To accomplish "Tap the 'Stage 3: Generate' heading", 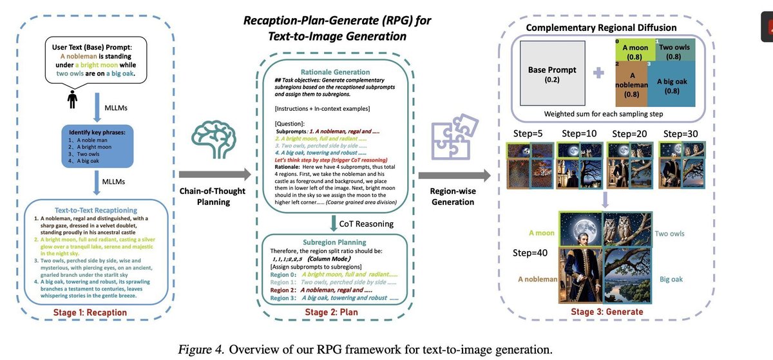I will [x=607, y=312].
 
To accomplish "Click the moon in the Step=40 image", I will [x=578, y=231].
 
